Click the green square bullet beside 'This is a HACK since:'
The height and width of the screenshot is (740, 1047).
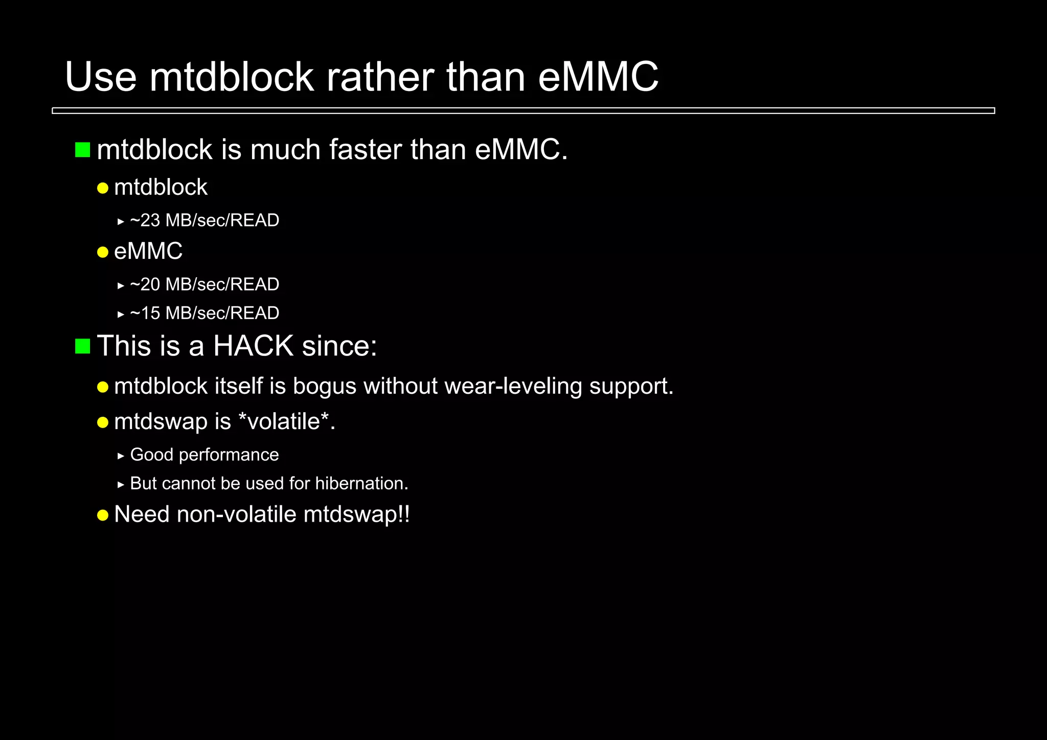click(82, 346)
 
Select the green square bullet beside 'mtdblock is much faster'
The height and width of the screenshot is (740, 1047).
click(82, 150)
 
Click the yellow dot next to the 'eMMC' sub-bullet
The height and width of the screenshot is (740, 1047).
click(103, 252)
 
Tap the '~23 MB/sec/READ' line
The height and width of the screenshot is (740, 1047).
click(204, 220)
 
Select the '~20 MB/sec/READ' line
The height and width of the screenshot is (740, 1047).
click(204, 284)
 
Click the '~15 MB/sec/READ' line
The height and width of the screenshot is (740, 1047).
click(204, 313)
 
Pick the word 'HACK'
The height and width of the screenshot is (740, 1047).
click(253, 346)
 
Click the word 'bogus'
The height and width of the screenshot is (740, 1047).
click(324, 386)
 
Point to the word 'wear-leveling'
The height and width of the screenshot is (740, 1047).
click(513, 386)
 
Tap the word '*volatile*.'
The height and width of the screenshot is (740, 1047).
click(287, 422)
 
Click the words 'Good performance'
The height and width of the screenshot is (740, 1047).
click(204, 455)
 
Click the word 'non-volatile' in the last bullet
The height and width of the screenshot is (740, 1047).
click(236, 514)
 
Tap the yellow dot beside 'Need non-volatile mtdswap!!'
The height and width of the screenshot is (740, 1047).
click(103, 515)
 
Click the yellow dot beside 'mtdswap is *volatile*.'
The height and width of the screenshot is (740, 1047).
click(103, 422)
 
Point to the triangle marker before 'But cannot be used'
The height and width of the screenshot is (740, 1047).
click(121, 484)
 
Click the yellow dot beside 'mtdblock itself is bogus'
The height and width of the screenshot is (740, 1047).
click(103, 387)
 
